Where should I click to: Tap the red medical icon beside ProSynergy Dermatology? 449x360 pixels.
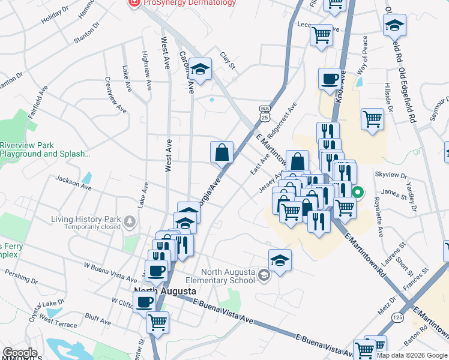click(x=133, y=2)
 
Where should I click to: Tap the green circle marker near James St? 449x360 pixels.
click(x=358, y=193)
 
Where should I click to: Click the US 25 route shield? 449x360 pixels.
click(x=265, y=113)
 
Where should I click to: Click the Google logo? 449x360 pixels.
click(x=20, y=353)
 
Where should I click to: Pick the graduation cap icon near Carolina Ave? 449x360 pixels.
click(x=200, y=68)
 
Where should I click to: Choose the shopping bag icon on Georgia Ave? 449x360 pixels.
click(x=221, y=152)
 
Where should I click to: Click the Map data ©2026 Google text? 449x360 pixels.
click(x=412, y=355)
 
